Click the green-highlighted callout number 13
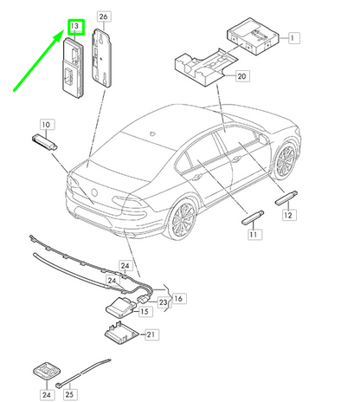click(76, 27)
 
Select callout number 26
click(104, 16)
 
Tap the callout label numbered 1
click(293, 38)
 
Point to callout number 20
click(242, 76)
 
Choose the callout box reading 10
click(47, 125)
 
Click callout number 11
click(254, 234)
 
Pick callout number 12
click(288, 215)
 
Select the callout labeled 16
click(179, 298)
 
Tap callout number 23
click(164, 302)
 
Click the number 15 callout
click(145, 311)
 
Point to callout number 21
click(151, 334)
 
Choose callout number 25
click(69, 394)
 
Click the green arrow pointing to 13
click(39, 61)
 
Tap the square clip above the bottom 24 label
click(47, 372)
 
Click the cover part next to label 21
click(121, 334)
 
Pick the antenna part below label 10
click(45, 142)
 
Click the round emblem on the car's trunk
click(94, 192)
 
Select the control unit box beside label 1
click(253, 36)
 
